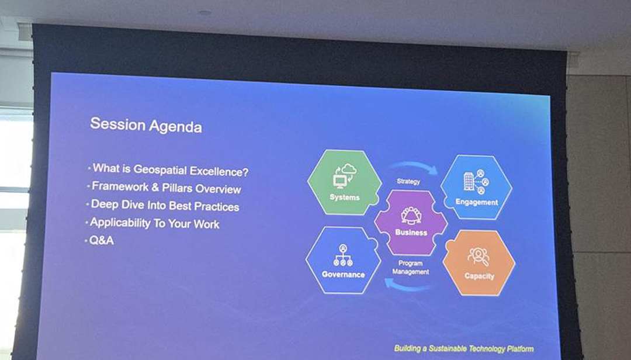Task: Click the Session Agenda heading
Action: click(145, 125)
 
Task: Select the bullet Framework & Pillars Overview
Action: click(166, 188)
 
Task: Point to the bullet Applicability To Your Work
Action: click(154, 223)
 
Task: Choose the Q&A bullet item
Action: click(101, 240)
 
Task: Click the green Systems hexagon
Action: click(345, 182)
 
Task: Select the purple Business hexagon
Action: click(411, 223)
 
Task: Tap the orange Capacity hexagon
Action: click(479, 262)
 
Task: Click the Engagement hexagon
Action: click(476, 187)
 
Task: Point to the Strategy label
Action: click(408, 181)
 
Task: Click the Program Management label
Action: click(411, 268)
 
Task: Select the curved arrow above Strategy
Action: click(414, 164)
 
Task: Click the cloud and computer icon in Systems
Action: click(345, 176)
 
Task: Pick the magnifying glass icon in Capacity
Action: click(479, 257)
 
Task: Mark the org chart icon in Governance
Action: click(343, 255)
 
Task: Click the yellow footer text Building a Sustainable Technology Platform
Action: click(463, 348)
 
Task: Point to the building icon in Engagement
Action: click(469, 182)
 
